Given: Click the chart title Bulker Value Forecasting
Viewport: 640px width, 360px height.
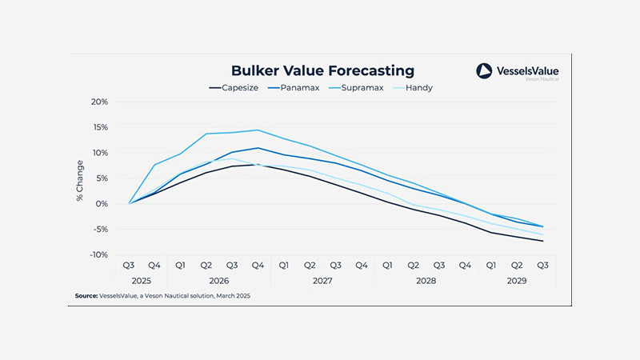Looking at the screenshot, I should click(x=322, y=70).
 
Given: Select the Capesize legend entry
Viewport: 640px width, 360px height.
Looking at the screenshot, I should click(x=234, y=87).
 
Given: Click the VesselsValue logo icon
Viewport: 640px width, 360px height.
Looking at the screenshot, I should click(x=486, y=71).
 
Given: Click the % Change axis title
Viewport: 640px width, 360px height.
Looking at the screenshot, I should click(x=80, y=178).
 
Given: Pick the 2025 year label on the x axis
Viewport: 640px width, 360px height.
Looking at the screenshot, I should click(x=142, y=280).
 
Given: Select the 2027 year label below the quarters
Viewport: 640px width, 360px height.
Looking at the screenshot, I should click(x=322, y=280).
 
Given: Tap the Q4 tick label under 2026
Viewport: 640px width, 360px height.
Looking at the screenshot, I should click(x=258, y=265).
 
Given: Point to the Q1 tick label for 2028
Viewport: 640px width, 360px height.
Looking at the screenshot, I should click(x=386, y=265).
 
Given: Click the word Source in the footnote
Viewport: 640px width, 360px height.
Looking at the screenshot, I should click(x=86, y=296).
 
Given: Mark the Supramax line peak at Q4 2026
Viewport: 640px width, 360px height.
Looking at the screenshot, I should click(x=258, y=130).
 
